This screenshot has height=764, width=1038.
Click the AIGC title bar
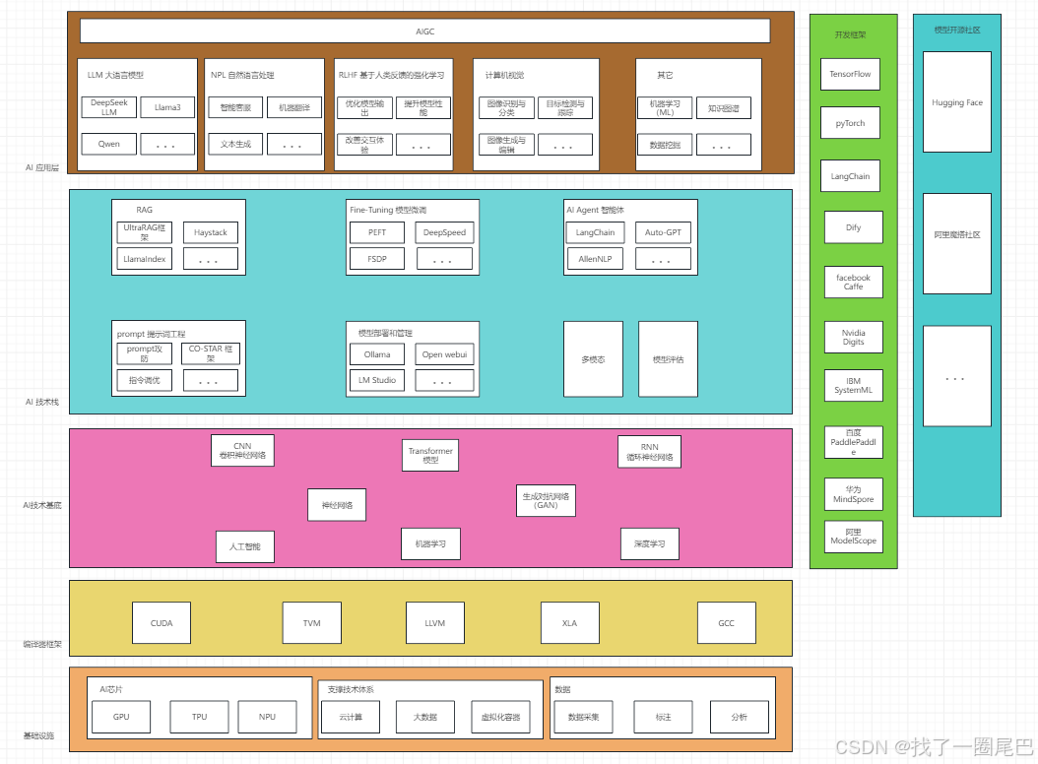[424, 32]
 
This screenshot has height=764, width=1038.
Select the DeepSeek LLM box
[109, 107]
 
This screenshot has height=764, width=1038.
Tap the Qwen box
[109, 144]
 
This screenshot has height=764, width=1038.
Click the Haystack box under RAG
[210, 232]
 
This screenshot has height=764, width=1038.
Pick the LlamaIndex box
[144, 259]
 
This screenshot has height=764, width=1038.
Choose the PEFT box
[377, 232]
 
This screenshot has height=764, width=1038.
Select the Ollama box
[377, 354]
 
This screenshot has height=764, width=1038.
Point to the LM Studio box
[377, 380]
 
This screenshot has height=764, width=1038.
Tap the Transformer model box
[430, 455]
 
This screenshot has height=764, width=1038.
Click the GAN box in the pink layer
[546, 500]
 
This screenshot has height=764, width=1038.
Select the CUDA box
[162, 623]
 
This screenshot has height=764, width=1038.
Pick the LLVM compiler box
[435, 623]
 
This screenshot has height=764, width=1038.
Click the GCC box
[726, 623]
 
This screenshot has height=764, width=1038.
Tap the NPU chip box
[267, 717]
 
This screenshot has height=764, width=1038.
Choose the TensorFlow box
[850, 74]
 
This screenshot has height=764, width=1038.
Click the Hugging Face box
[956, 102]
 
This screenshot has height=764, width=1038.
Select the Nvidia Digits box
[853, 337]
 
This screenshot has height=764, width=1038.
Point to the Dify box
[853, 227]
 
